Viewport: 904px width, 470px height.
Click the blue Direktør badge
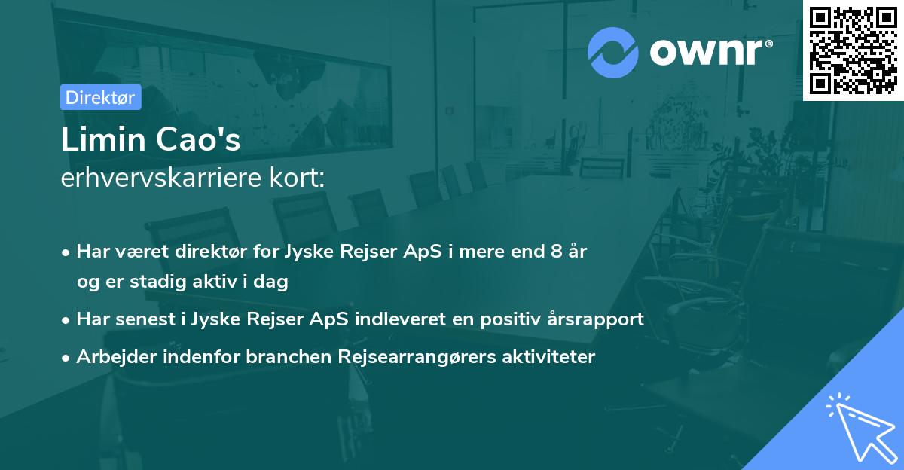pyautogui.click(x=100, y=97)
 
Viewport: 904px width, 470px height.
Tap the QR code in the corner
pyautogui.click(x=853, y=50)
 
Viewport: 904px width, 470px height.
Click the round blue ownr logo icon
pyautogui.click(x=613, y=52)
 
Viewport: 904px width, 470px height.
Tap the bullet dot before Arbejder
pyautogui.click(x=67, y=357)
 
